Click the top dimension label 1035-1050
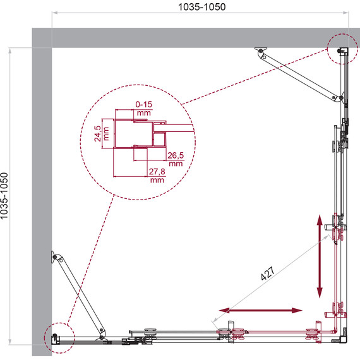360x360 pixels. pos(202,7)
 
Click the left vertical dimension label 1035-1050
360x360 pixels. pos(4,196)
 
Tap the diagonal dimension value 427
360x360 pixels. pos(268,273)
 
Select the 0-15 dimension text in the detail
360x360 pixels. pos(144,104)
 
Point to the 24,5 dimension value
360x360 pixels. pos(97,133)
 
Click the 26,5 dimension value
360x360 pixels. pos(176,155)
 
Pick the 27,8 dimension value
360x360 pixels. pos(157,172)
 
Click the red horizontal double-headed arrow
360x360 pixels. pos(260,310)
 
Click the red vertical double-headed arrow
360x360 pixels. pos(320,256)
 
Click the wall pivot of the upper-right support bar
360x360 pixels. pos(261,51)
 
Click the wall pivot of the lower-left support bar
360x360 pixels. pos(55,257)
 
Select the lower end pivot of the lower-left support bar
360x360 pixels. pos(102,337)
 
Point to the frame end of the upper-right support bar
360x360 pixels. pos(341,98)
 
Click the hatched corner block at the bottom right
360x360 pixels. pos(344,332)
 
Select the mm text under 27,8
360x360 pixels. pos(157,180)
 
